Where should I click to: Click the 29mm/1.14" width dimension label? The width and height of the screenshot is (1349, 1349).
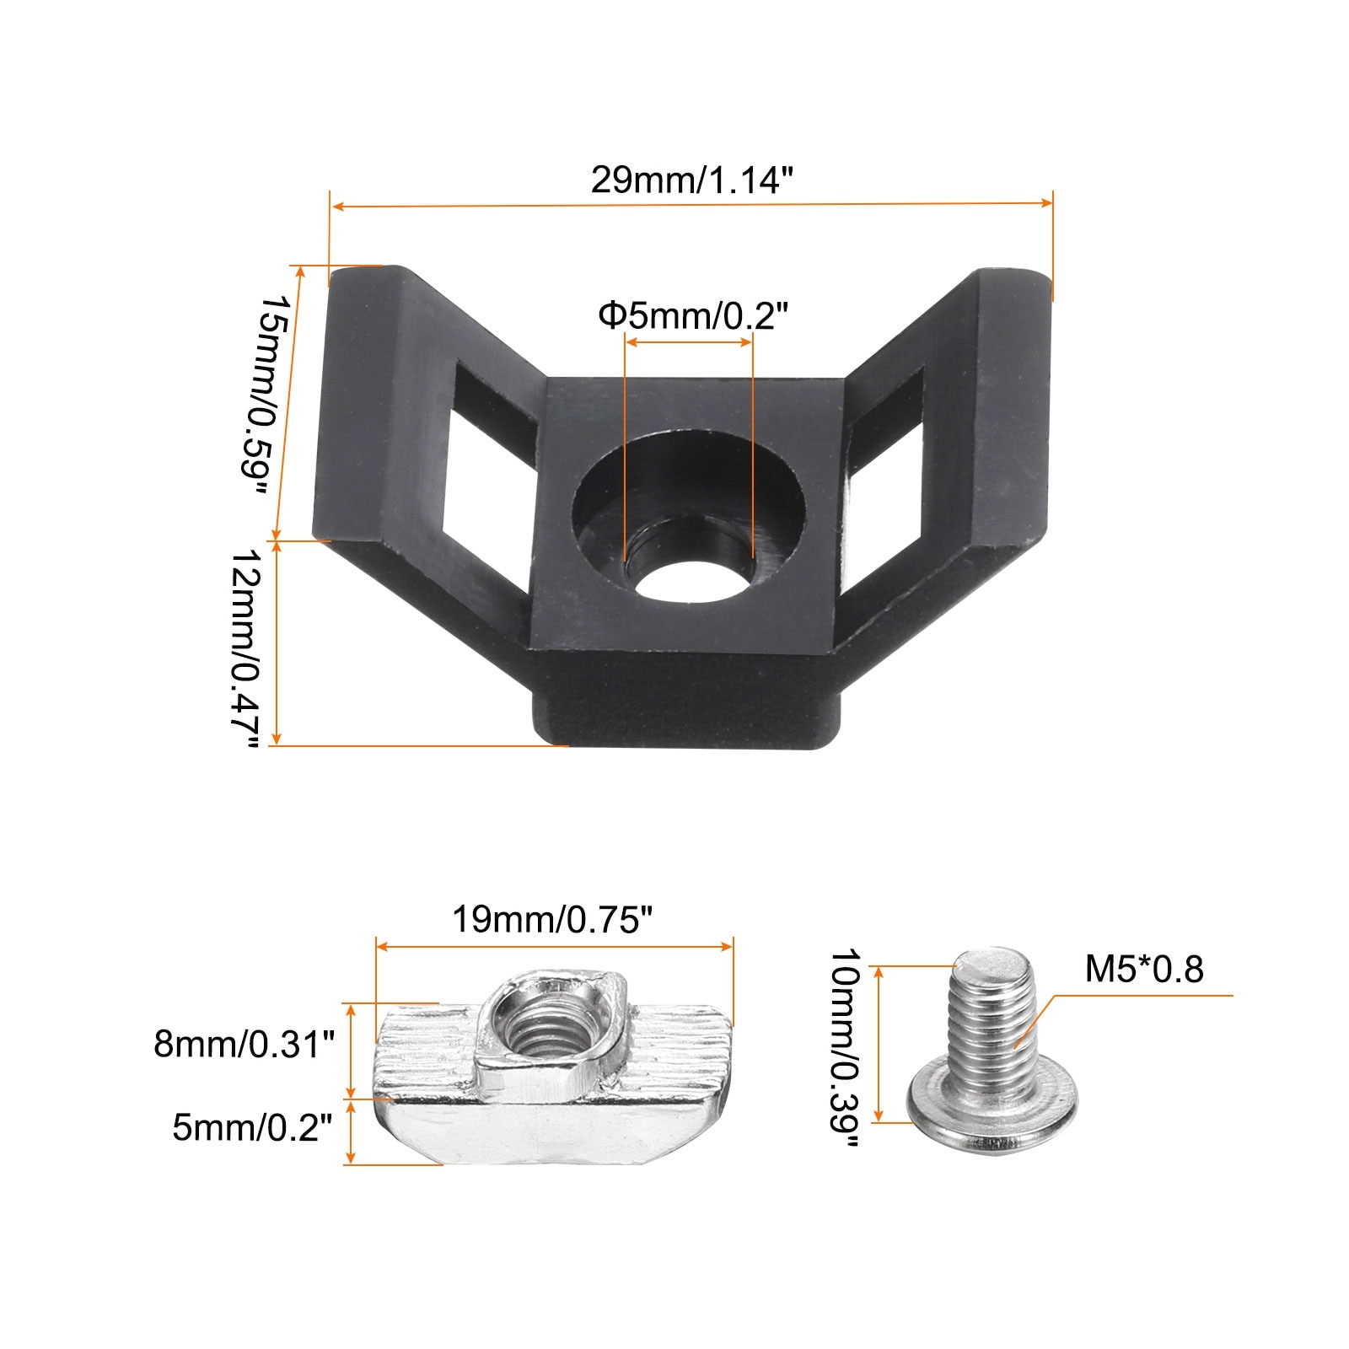[x=692, y=180]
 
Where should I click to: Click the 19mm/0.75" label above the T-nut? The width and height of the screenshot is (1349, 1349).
[x=554, y=919]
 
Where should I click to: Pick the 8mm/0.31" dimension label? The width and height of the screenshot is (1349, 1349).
[x=245, y=1045]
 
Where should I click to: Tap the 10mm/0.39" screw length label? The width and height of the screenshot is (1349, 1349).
[x=845, y=1048]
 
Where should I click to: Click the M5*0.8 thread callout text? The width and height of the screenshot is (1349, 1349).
[x=1144, y=969]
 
